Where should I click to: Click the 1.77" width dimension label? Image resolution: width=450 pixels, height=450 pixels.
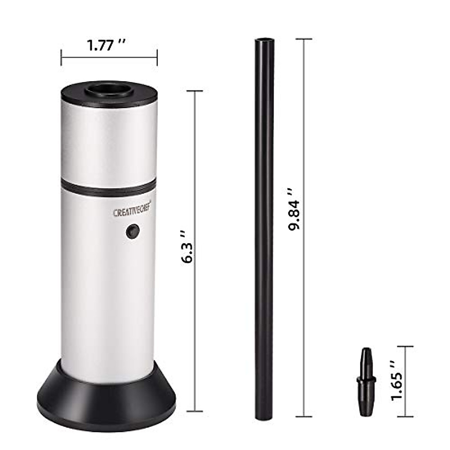(106, 46)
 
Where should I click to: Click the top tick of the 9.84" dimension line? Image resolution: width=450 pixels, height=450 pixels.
(304, 39)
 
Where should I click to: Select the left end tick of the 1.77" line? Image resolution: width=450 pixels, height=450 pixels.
(61, 57)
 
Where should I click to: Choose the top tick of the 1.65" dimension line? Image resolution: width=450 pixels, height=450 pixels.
(405, 347)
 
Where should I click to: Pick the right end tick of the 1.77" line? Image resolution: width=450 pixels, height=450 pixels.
(157, 57)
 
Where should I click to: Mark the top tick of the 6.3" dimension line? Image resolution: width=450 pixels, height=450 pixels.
(195, 91)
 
